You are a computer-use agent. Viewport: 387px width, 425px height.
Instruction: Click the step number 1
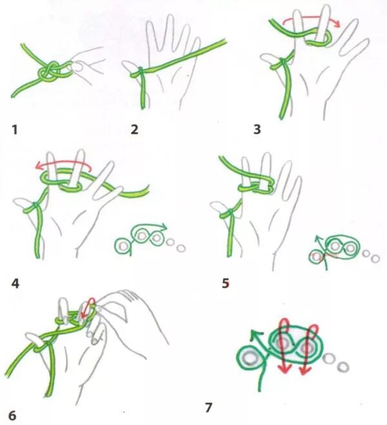coord(15,130)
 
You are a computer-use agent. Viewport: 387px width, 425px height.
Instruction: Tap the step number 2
coord(134,130)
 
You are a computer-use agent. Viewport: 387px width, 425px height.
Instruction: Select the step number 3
coord(257,129)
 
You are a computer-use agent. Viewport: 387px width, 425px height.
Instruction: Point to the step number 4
coord(15,284)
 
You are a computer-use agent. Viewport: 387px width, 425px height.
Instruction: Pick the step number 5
coord(226,283)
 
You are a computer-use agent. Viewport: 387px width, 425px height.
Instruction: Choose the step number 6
coord(14,415)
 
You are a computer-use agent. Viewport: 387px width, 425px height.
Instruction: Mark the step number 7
coord(208,408)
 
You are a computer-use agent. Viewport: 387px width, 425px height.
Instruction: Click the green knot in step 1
coord(50,71)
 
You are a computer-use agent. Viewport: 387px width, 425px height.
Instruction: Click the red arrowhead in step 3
coord(337,24)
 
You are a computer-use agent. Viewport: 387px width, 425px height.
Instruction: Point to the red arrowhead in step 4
coord(39,166)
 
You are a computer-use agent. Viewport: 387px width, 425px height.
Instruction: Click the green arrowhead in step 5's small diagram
coord(317,239)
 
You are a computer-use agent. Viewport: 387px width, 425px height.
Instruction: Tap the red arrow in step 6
coord(89,307)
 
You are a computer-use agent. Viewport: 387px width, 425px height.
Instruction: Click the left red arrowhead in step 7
coord(284,369)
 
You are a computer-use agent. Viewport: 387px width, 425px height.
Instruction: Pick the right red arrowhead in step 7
coord(304,370)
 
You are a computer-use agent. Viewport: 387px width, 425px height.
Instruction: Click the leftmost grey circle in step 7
coord(250,359)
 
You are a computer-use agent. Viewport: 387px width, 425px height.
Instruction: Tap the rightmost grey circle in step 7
coord(343,367)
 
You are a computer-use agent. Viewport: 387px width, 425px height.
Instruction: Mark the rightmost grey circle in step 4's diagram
coord(181,248)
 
